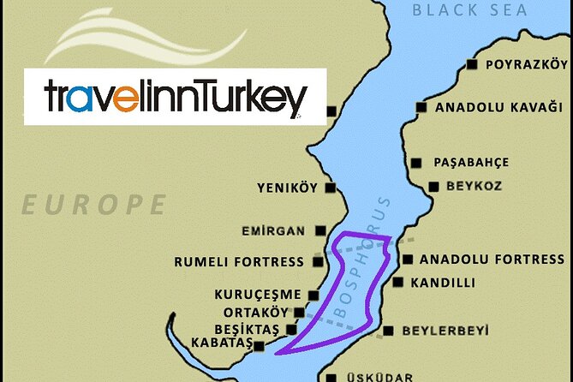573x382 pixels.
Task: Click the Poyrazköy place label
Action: coord(526,65)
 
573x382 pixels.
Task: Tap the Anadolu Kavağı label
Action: coord(498,108)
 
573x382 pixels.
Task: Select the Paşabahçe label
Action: coord(471,162)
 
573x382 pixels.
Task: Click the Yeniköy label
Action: coord(287,188)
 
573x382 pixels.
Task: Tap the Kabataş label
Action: coord(220,344)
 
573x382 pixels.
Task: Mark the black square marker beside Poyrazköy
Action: coord(471,65)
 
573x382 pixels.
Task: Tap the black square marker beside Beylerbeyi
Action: coord(389,331)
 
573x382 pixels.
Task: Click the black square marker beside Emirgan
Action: coord(320,230)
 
